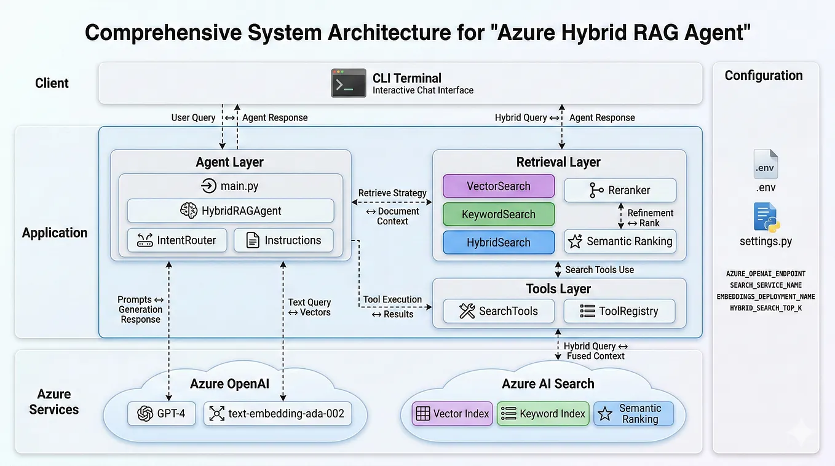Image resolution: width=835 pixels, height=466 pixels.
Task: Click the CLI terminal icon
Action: pos(349,83)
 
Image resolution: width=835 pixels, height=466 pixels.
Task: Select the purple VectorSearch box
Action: pos(499,186)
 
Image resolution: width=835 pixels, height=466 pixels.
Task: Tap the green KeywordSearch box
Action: pos(499,215)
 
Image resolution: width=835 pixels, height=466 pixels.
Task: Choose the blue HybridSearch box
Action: pos(499,242)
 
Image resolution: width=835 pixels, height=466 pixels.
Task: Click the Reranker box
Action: pos(620,190)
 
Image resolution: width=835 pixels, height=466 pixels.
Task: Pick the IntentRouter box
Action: pos(177,240)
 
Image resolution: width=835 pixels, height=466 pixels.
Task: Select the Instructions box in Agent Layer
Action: pos(283,240)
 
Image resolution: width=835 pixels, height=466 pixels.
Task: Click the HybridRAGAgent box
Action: pos(231,211)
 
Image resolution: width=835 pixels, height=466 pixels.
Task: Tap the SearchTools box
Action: pos(499,311)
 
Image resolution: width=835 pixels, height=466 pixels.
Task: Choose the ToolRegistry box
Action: pos(620,311)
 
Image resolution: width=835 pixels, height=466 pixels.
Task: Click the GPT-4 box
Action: pos(162,413)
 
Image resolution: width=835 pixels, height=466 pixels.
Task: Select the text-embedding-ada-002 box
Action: pos(278,413)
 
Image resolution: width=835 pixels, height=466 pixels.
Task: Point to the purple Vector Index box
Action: pos(452,413)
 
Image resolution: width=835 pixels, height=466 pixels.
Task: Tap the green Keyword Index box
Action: pos(543,413)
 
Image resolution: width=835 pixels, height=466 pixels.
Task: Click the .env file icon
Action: pos(766,164)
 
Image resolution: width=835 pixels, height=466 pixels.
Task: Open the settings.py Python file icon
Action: pos(766,218)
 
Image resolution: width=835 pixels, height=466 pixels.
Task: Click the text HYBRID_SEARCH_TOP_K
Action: pos(766,308)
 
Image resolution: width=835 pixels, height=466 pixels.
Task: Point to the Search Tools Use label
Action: pos(600,269)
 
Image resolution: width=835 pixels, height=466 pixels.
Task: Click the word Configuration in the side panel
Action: pos(764,76)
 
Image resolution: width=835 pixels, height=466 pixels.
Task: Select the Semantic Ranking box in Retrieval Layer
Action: pos(620,241)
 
